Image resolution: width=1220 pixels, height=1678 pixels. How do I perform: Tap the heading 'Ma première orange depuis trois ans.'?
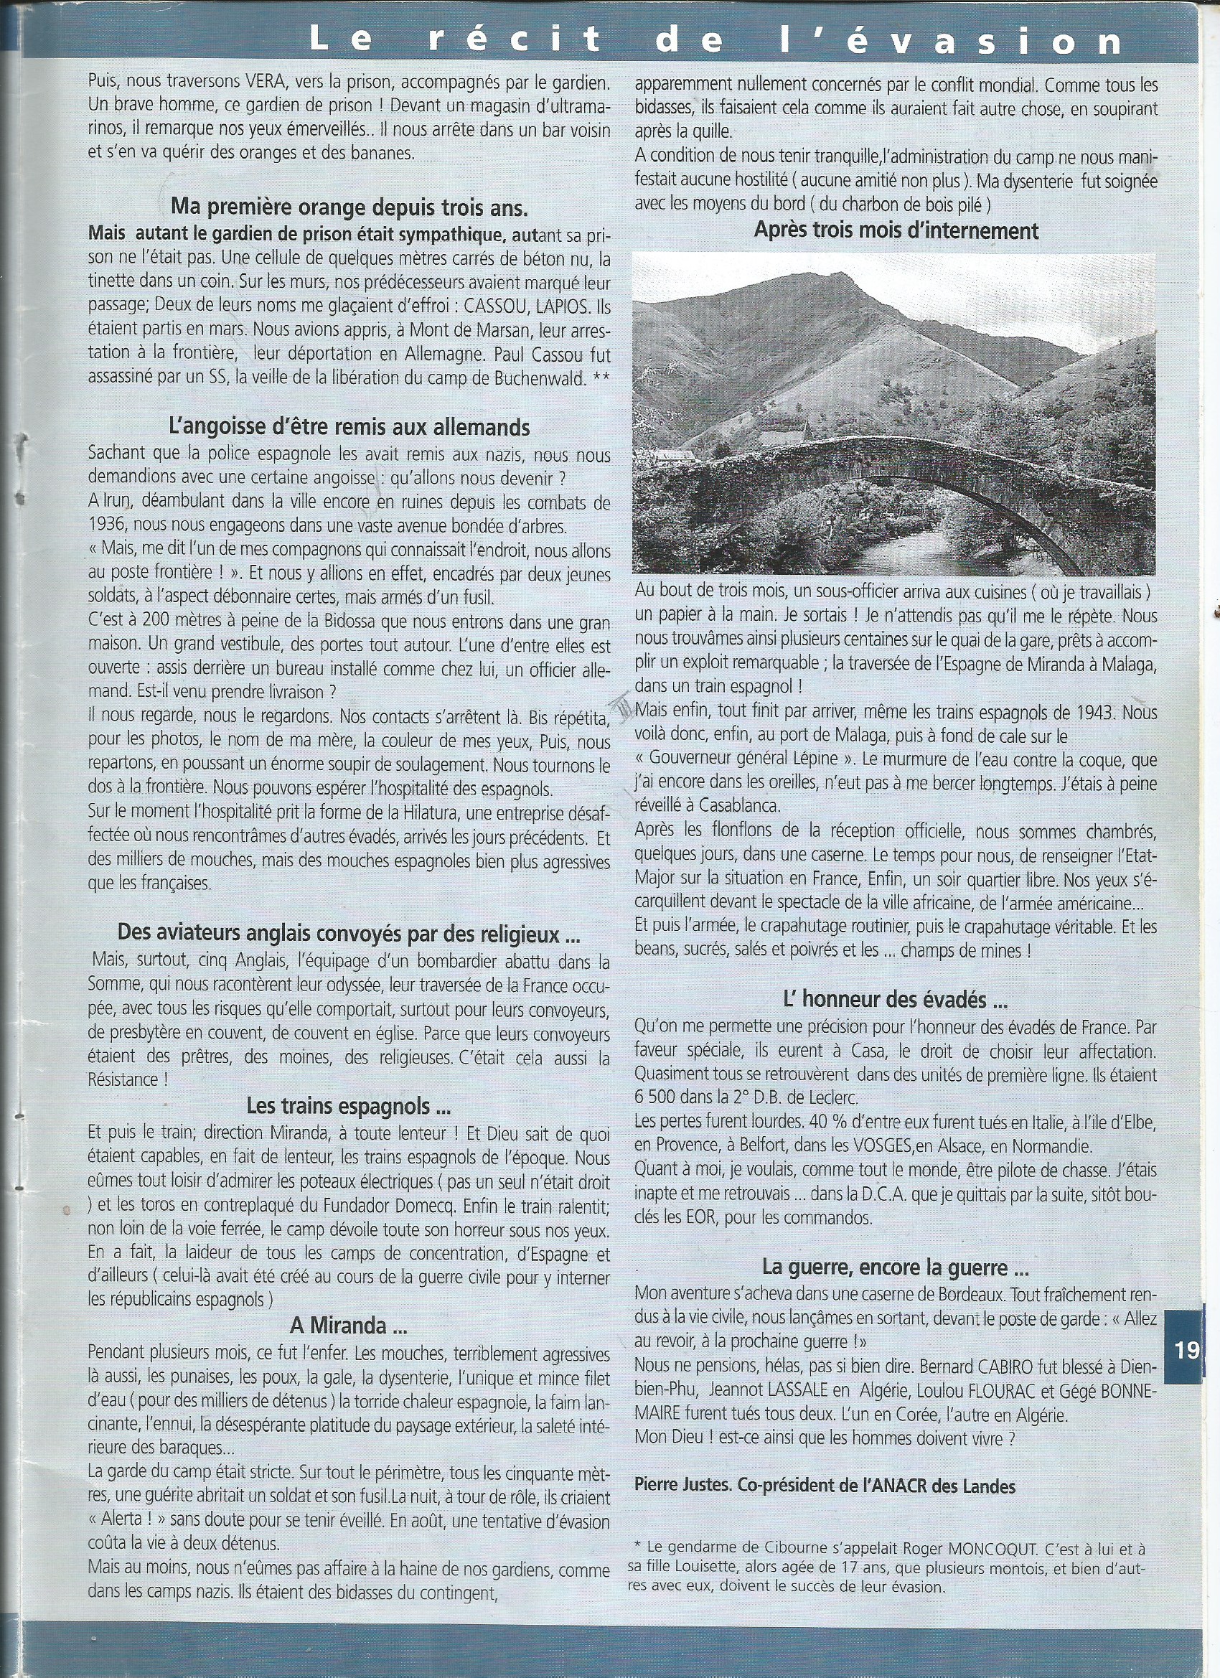(x=349, y=207)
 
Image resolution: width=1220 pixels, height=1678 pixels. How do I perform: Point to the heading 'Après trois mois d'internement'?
(x=896, y=231)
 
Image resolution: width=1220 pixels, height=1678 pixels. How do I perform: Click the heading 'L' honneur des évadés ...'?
(x=895, y=1000)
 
